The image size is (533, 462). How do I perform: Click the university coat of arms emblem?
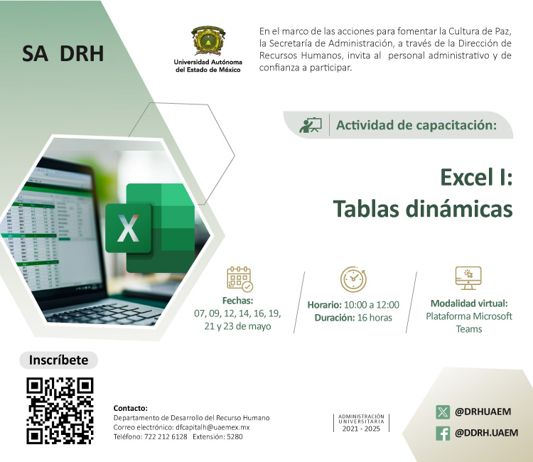tap(208, 41)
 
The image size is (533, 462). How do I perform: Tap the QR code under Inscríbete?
tap(60, 411)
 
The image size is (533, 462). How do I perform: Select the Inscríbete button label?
tap(58, 360)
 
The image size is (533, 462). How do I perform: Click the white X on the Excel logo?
tap(128, 228)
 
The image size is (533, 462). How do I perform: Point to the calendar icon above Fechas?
tap(239, 279)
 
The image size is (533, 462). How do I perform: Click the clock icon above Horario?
tap(353, 279)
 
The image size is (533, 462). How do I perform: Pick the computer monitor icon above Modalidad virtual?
tap(468, 278)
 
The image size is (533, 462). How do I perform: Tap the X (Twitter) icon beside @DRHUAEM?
tap(443, 412)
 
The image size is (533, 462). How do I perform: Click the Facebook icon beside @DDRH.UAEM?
tap(443, 434)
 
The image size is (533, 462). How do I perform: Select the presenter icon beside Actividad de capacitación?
tap(311, 125)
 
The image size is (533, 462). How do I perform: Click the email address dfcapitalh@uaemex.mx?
tap(212, 427)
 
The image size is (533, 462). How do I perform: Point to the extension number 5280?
tap(235, 437)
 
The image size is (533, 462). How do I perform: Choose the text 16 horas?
tap(375, 318)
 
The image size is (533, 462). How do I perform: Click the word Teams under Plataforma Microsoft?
tap(469, 329)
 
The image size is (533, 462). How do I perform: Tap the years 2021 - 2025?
tap(361, 429)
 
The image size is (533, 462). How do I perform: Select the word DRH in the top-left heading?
tap(82, 53)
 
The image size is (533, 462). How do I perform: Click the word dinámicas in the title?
tap(459, 208)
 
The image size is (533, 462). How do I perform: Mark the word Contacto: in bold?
tap(131, 408)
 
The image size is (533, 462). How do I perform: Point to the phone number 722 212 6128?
tap(166, 437)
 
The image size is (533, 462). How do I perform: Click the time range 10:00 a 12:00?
tap(372, 305)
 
